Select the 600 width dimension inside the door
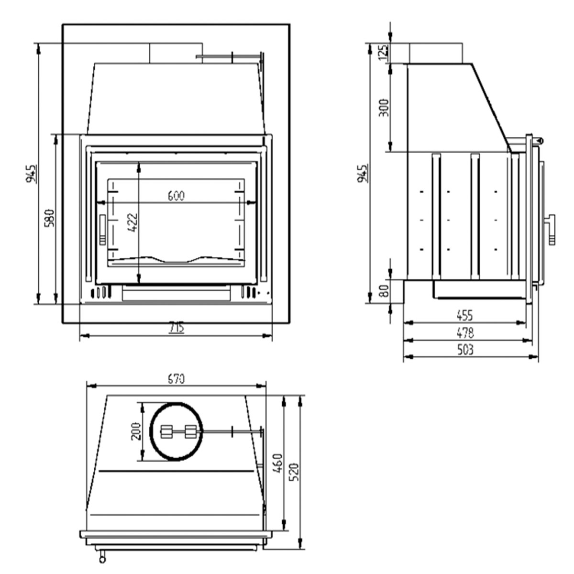(176, 196)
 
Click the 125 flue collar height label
(383, 52)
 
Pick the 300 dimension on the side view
(383, 107)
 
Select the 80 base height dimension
(384, 290)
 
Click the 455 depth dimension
(464, 315)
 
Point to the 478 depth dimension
(465, 332)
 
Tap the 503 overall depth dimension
(465, 349)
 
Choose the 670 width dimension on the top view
(176, 379)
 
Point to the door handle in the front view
(102, 230)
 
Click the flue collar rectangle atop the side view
(435, 53)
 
